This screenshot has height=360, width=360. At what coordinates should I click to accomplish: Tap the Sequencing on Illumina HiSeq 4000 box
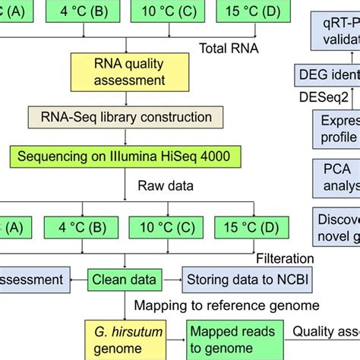[125, 156]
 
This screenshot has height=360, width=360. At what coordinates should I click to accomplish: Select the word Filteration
[285, 257]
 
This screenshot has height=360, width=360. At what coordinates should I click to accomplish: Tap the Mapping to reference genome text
[227, 305]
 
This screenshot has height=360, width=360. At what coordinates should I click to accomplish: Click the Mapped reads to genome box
[229, 339]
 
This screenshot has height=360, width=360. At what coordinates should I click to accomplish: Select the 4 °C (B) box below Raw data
[80, 227]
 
